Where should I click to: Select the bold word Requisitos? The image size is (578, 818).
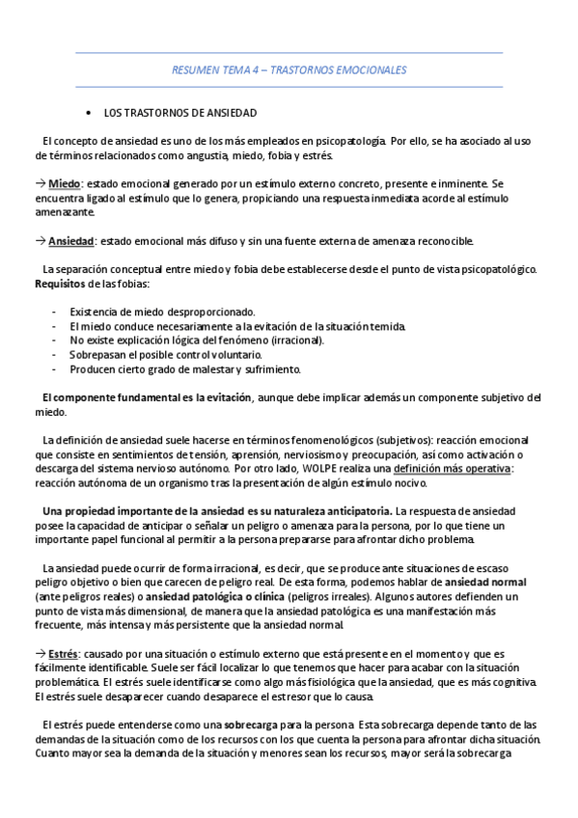[59, 284]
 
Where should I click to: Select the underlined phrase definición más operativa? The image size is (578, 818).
[452, 469]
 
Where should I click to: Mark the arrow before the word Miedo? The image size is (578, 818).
[40, 183]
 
